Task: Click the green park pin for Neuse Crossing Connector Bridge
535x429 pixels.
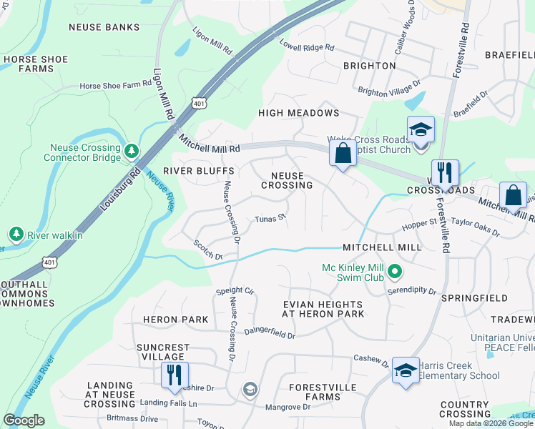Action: (131, 151)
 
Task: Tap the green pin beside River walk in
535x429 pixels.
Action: (16, 235)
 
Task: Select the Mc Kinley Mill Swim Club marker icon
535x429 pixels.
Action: (398, 271)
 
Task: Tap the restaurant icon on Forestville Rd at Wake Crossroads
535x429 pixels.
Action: (446, 172)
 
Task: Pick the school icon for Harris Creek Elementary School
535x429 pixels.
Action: (406, 370)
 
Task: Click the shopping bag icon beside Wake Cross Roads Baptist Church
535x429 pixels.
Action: (343, 152)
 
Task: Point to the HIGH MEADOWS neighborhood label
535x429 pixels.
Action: (298, 113)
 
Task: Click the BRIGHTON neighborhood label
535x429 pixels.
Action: (369, 66)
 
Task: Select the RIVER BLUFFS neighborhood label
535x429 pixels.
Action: (188, 171)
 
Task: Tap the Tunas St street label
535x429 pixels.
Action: (271, 218)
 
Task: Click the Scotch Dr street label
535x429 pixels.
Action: (207, 250)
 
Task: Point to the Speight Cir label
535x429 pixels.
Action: (235, 292)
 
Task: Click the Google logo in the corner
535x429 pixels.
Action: (24, 420)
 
